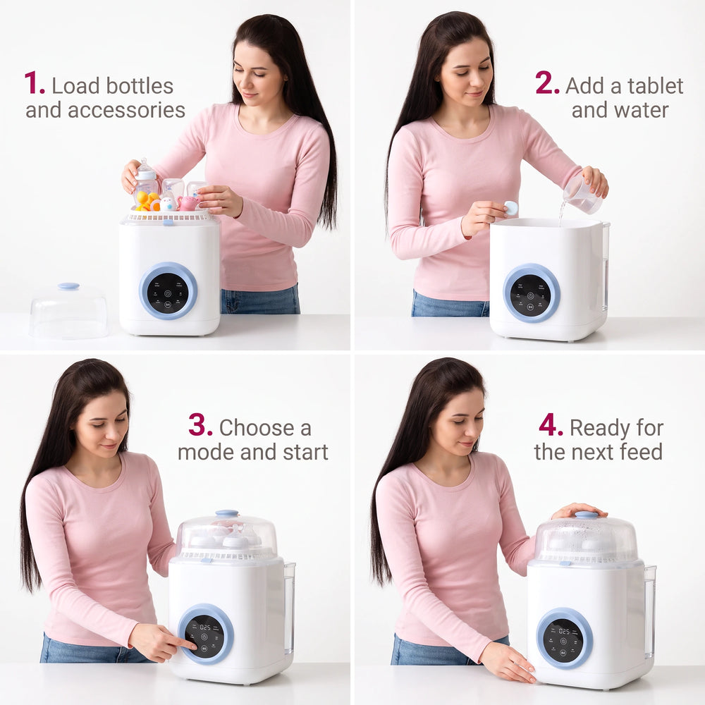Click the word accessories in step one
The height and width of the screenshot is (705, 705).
click(x=126, y=110)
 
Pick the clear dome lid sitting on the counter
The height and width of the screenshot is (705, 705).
click(x=69, y=311)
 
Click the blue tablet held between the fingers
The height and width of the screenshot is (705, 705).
click(x=510, y=208)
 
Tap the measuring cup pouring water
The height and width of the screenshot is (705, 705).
click(x=582, y=195)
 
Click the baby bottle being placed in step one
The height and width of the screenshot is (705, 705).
click(x=146, y=182)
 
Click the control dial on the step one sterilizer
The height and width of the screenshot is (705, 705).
click(x=168, y=290)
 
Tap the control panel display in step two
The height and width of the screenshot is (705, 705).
click(x=531, y=295)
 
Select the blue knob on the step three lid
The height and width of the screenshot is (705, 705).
click(x=227, y=513)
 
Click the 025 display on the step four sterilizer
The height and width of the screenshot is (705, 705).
click(x=564, y=631)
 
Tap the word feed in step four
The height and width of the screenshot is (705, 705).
click(x=639, y=452)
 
